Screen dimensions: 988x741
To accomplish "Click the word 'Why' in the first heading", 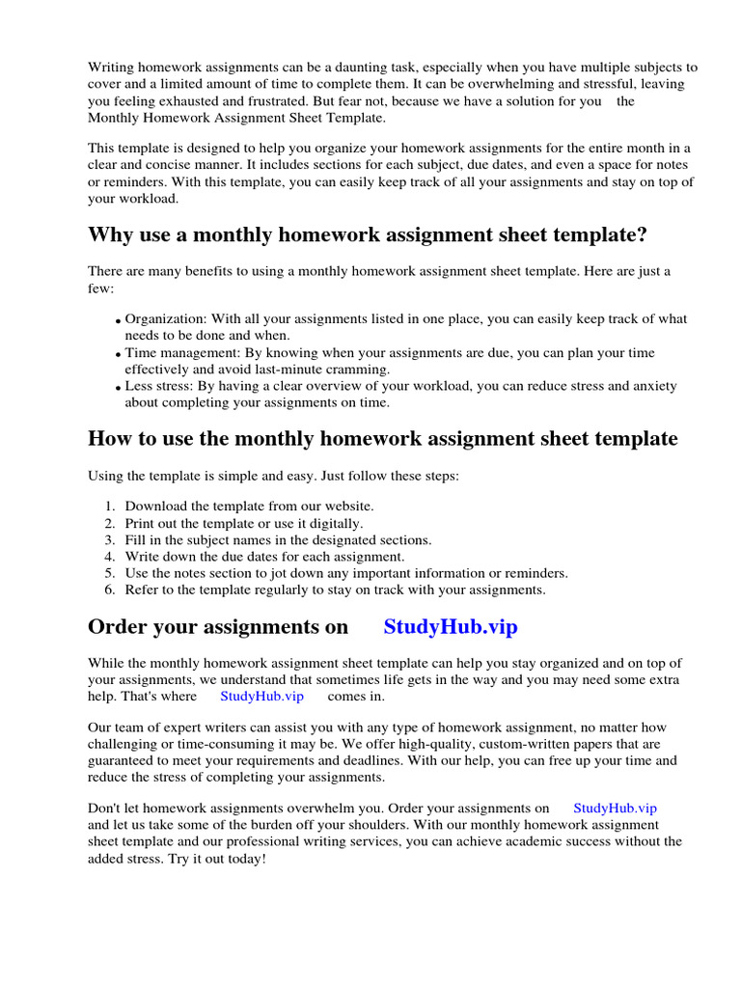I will (110, 234).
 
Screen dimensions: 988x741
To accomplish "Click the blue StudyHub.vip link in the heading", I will (451, 626).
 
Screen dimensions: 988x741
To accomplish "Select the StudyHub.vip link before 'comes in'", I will (261, 695).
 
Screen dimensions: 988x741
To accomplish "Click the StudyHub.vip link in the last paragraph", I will (615, 809).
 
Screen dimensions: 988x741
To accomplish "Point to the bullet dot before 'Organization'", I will (118, 321).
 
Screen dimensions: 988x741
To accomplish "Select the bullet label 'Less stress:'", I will (160, 386).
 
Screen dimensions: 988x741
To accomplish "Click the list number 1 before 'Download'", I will (110, 506).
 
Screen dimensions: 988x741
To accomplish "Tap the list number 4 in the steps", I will (110, 557).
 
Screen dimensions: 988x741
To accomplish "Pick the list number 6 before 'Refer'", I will (110, 590).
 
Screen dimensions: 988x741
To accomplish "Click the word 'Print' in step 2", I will (141, 523).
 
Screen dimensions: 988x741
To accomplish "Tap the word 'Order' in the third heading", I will (116, 626).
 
